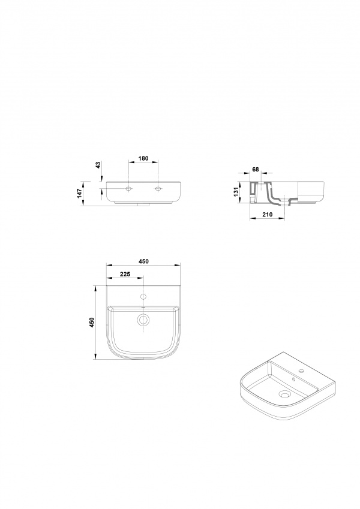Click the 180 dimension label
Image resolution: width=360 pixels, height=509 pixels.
pos(143,158)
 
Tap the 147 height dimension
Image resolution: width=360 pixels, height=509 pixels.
pos(80,194)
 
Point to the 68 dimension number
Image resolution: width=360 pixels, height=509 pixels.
pos(256,170)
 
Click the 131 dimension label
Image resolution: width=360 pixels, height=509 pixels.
pos(236,192)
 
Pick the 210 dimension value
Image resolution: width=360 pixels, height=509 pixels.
pos(268,215)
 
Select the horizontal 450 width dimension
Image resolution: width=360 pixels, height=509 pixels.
pos(143,261)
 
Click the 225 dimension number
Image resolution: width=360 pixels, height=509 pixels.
pos(125,275)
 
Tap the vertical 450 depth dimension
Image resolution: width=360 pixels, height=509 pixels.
pos(92,323)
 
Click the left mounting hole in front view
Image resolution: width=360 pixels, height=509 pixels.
pos(129,189)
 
